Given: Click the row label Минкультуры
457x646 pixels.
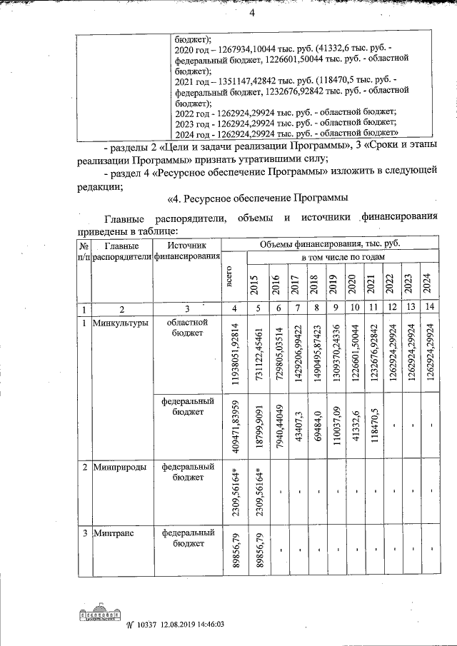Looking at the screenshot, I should pos(121,323).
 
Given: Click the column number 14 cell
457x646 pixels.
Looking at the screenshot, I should pos(427,308).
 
